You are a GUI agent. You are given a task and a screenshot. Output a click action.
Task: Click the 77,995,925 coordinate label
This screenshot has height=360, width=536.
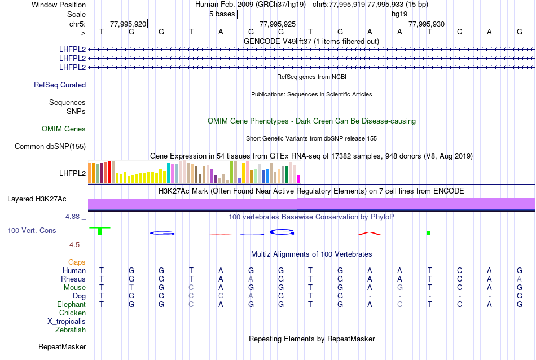(277, 24)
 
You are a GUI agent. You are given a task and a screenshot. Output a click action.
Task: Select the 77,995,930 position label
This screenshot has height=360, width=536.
(426, 24)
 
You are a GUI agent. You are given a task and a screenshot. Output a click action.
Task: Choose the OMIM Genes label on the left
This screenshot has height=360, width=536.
(64, 129)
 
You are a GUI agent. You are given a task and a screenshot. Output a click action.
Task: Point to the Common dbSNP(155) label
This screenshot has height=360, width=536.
(50, 147)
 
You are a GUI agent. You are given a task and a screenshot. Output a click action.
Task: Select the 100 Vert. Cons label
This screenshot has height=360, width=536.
(32, 230)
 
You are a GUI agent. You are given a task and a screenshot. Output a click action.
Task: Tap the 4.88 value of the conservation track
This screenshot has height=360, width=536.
(76, 217)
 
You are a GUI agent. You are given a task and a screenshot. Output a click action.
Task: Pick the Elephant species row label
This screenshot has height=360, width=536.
(71, 305)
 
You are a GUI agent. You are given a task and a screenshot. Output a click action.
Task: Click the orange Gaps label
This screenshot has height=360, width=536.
(77, 262)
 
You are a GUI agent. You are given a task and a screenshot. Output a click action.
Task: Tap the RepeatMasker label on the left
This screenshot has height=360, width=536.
(62, 346)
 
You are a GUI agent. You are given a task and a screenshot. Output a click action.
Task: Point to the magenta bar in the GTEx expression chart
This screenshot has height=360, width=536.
(299, 179)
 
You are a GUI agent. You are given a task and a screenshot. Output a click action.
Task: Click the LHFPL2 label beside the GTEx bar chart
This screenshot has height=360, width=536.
(72, 173)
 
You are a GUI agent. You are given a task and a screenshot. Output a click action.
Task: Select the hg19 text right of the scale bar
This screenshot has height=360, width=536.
(399, 14)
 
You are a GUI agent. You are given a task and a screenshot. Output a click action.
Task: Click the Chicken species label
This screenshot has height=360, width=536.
(72, 313)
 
